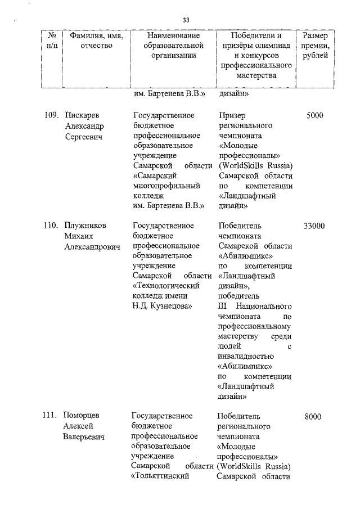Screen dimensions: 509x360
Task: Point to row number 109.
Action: (51, 116)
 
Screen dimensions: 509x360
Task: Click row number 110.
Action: (51, 226)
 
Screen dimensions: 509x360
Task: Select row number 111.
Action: (51, 416)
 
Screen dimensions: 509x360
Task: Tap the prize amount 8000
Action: (313, 417)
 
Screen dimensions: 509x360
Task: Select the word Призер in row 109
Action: (231, 116)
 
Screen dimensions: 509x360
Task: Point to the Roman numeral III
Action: (222, 307)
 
